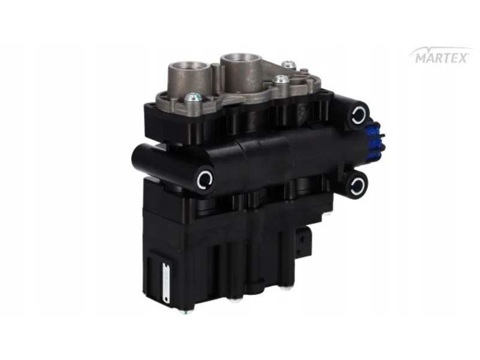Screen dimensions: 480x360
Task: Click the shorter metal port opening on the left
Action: pos(184,66)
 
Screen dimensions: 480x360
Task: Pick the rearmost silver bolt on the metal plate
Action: pos(289,64)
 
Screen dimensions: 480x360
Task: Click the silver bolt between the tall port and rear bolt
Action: pos(280,80)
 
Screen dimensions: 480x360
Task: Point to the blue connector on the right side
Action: pos(374,142)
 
